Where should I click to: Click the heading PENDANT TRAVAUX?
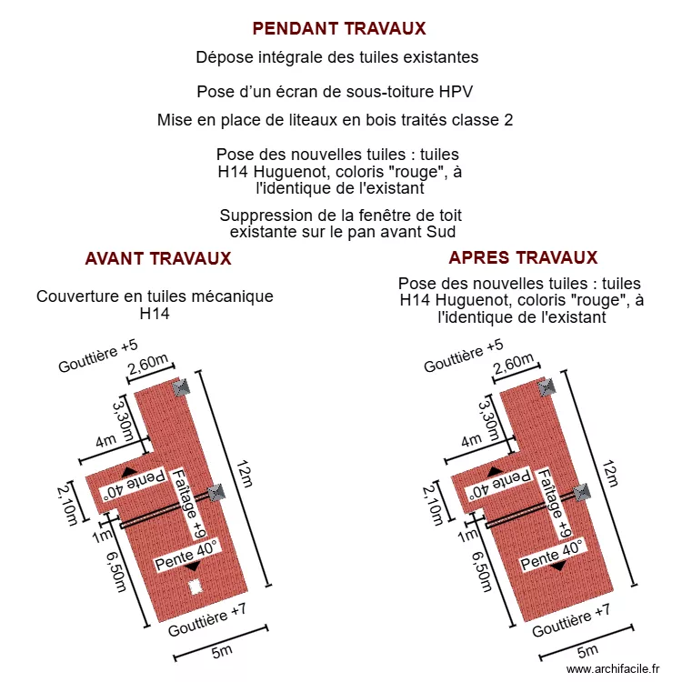click(339, 28)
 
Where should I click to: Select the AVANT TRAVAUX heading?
click(158, 258)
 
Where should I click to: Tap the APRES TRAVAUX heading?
click(523, 257)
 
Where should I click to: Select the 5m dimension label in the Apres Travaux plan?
click(587, 650)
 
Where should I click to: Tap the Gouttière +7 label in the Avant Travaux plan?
click(207, 621)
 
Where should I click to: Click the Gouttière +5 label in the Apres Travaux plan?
click(464, 356)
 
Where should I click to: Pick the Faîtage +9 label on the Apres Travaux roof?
click(558, 504)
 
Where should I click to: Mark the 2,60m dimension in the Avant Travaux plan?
click(148, 366)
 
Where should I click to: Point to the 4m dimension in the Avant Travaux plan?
click(106, 442)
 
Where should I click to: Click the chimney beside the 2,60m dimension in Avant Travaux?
click(180, 386)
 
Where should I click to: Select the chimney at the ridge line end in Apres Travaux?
click(581, 493)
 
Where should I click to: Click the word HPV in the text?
click(455, 92)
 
